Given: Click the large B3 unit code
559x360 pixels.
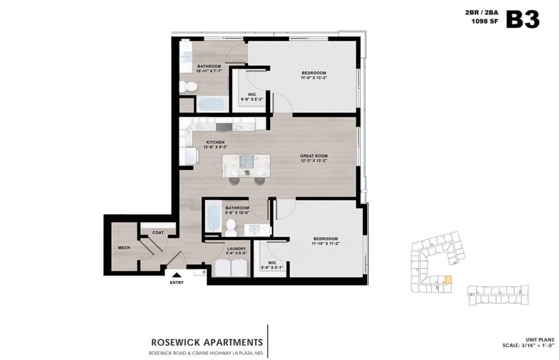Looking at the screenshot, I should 522,19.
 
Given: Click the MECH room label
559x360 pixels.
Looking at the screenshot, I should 124,248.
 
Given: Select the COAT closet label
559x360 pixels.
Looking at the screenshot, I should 158,233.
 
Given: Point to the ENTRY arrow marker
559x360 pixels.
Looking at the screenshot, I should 176,275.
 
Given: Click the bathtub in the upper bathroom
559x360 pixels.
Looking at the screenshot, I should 210,104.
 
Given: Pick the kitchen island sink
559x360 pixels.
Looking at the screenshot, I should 247,161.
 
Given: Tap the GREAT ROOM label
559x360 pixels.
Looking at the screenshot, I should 313,156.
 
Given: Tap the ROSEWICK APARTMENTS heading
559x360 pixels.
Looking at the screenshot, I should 206,343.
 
